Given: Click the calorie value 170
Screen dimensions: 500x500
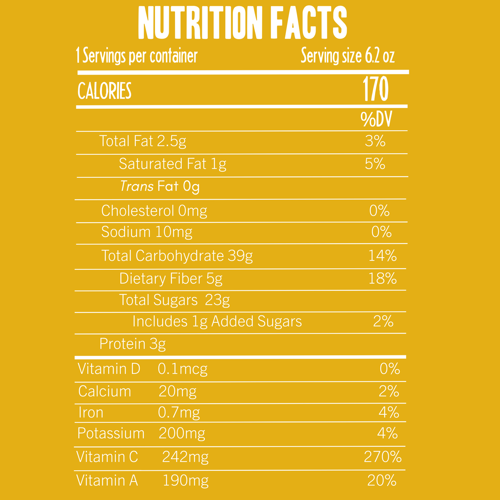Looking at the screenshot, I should click(376, 89).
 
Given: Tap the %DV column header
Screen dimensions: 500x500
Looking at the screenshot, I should click(376, 119).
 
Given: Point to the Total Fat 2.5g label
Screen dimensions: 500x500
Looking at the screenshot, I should click(143, 141).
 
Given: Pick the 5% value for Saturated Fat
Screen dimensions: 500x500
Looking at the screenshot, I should click(375, 164).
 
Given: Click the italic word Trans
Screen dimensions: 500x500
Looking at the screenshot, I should click(137, 186).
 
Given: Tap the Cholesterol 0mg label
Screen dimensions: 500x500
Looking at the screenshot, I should click(154, 211).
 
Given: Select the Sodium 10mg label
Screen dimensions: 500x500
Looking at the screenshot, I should click(147, 232).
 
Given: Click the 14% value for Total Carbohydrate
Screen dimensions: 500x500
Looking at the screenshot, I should click(382, 256).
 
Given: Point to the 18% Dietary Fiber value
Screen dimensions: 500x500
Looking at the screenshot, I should click(382, 279).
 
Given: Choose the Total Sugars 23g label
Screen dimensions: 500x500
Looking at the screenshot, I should click(174, 300).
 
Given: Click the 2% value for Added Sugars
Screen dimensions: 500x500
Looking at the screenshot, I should click(383, 321).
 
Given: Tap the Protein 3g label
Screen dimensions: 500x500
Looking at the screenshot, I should click(132, 344).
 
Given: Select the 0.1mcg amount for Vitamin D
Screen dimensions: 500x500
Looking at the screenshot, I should click(183, 369).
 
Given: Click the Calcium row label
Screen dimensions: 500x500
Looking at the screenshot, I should click(105, 391).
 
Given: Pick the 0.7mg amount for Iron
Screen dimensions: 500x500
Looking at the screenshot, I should click(179, 413).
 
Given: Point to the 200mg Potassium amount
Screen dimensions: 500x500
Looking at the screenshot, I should click(182, 434).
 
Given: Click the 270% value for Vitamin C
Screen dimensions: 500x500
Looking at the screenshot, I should click(383, 457).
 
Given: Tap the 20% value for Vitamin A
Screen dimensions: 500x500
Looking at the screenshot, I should click(382, 481).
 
